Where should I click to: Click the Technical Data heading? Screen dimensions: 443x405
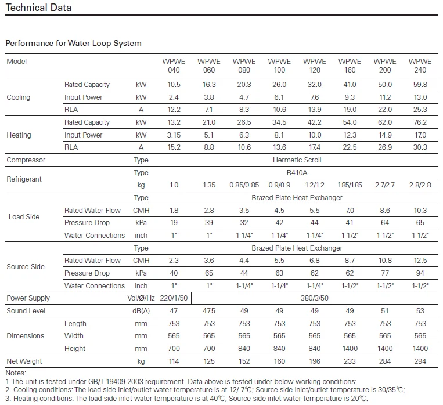pos(38,8)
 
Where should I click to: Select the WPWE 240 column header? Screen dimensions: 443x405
pos(420,66)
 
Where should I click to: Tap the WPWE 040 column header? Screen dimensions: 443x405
pos(174,66)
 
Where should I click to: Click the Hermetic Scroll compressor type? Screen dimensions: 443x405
pos(297,160)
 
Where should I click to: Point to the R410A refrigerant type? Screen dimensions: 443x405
pos(297,173)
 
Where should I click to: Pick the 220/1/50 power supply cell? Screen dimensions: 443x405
pos(174,298)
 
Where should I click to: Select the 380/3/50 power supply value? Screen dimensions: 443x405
pos(315,298)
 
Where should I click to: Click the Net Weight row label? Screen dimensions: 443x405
pos(24,361)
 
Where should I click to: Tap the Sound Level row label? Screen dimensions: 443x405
pos(26,311)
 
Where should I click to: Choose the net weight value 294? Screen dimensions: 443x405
pos(420,361)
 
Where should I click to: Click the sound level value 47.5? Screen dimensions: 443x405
pos(209,311)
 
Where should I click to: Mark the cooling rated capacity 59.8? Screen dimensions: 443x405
pos(420,85)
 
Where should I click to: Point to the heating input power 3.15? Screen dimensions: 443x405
pos(174,135)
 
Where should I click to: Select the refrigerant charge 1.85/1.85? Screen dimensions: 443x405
pos(350,185)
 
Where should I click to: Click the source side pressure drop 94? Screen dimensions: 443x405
pos(420,273)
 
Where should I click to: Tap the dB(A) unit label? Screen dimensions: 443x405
pos(141,311)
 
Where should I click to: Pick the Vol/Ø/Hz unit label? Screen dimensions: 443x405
pos(141,298)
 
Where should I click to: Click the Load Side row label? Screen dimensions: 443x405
pos(24,217)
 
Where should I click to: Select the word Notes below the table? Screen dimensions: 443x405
pos(16,373)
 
